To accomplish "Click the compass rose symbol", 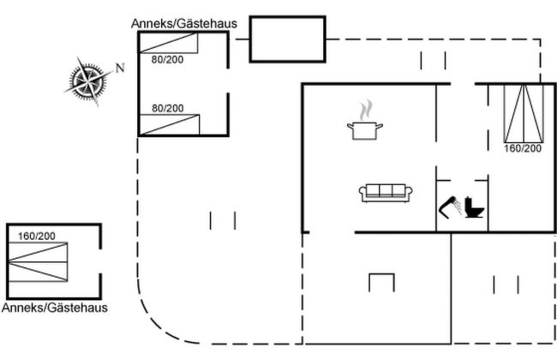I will tap(87, 80).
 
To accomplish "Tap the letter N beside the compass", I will tap(120, 68).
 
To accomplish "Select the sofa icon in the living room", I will tap(386, 193).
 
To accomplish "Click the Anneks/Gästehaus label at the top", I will tap(183, 23).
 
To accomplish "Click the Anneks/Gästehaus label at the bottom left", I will tap(55, 308).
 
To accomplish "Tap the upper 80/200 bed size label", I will tap(168, 60).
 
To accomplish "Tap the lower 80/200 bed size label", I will tap(168, 108).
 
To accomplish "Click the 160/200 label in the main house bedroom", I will tap(522, 148).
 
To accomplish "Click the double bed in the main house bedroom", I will tap(522, 113).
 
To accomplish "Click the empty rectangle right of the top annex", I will tap(287, 39).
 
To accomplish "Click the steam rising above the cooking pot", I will tap(366, 111).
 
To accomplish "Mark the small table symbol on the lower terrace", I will tap(380, 282).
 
